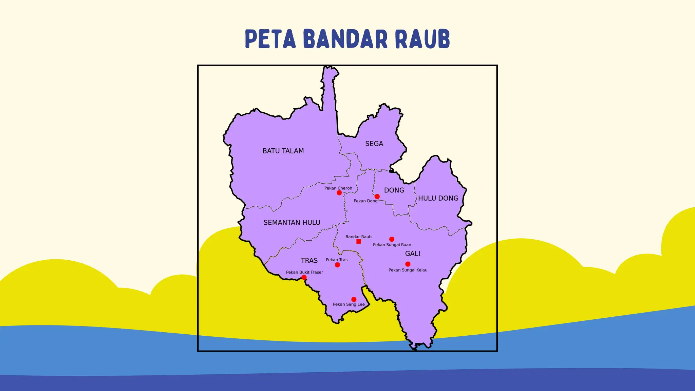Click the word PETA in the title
click(270, 39)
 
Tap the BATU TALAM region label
click(283, 151)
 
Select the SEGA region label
click(374, 144)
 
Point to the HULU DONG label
click(438, 198)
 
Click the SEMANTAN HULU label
click(292, 223)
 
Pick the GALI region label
click(412, 254)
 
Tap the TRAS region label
click(309, 261)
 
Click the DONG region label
click(394, 190)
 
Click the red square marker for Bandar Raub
click(359, 242)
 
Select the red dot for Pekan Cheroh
click(339, 193)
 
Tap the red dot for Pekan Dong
click(377, 197)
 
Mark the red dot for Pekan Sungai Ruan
click(392, 239)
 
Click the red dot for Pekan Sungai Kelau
click(408, 264)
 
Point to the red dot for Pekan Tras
click(337, 265)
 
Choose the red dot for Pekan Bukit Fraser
click(304, 277)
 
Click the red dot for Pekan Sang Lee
click(354, 299)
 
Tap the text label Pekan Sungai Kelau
click(408, 270)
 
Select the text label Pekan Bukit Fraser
click(304, 272)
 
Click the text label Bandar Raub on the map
click(358, 237)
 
